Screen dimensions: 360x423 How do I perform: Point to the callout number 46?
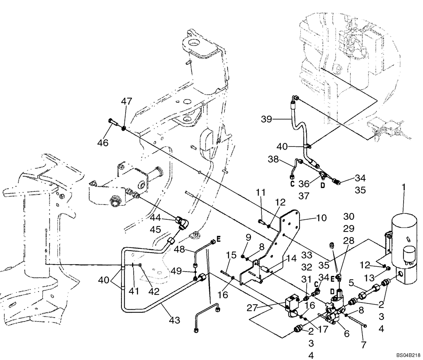(x=103, y=143)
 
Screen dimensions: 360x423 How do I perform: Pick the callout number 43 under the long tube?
(x=174, y=320)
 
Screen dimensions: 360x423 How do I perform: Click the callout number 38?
(x=273, y=159)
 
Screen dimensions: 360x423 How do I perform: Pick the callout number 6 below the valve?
(x=346, y=333)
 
